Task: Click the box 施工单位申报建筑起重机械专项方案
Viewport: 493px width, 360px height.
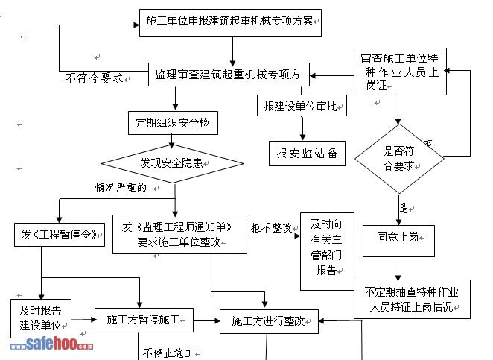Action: pos(229,22)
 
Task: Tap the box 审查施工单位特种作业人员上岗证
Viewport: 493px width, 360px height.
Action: pos(399,72)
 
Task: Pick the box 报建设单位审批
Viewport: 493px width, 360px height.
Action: pos(302,107)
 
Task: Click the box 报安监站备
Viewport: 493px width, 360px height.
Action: pos(307,153)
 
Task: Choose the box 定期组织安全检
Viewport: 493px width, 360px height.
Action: pos(173,123)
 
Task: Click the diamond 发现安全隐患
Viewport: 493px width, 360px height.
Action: pos(172,162)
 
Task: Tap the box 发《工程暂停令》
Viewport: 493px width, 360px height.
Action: pos(57,234)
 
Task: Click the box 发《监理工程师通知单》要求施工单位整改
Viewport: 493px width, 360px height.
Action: pos(179,233)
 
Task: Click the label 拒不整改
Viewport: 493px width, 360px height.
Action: pos(271,227)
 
